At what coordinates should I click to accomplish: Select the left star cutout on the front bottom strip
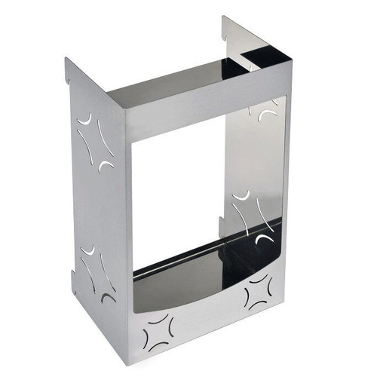coord(160,332)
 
